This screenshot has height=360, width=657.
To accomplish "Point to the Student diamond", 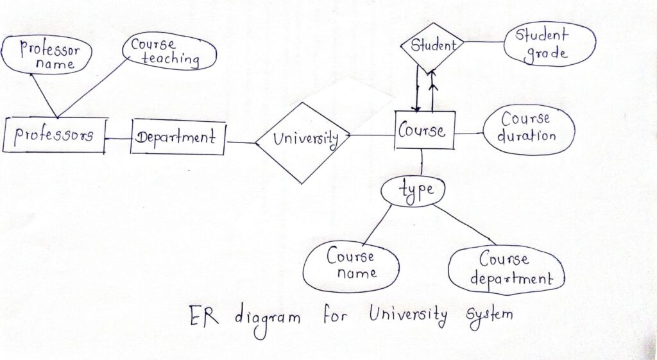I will tap(432, 46).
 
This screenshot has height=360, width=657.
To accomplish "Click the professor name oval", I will tap(47, 56).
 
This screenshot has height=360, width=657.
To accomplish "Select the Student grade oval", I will tap(546, 44).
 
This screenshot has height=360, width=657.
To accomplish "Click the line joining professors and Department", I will tap(118, 138).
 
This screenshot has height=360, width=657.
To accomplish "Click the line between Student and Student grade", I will tap(484, 44).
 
